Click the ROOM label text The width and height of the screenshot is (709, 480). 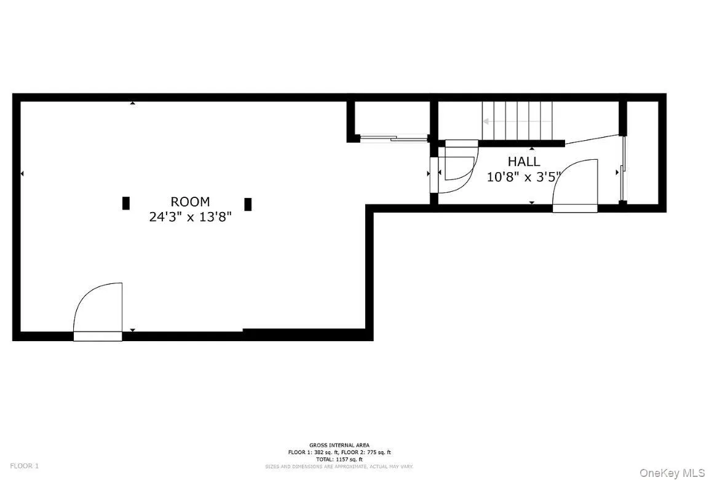(190, 202)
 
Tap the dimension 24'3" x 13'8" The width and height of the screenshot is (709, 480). (190, 216)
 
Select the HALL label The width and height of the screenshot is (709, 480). (524, 162)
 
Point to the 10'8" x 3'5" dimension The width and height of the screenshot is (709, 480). (524, 177)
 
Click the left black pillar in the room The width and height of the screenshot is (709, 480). (126, 203)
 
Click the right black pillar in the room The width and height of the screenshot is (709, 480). (248, 204)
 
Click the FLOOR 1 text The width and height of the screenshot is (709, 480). (24, 466)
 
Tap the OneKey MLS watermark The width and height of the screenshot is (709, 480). (672, 473)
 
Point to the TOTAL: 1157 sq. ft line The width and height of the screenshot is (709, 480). (339, 459)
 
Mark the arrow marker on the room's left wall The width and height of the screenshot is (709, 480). (22, 174)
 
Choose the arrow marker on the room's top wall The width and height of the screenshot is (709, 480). (132, 103)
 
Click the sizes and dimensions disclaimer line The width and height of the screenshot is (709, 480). (339, 466)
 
